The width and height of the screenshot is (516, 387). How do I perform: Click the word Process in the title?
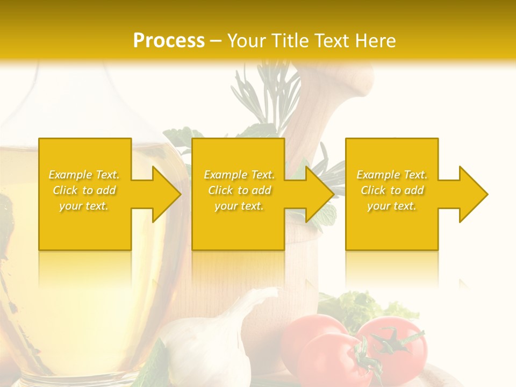coord(169,40)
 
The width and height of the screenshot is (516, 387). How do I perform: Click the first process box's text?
coord(84,190)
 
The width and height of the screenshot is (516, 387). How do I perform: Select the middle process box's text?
coord(239,190)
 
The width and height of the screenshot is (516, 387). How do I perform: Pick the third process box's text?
coord(392,190)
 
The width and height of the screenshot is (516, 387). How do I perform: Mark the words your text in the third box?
coord(392,206)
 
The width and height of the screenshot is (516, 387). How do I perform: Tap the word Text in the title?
coord(329,40)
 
